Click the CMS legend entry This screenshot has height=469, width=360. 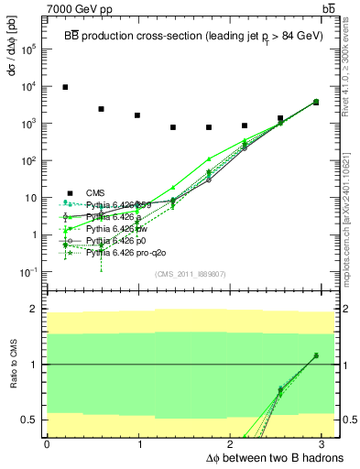[97, 191]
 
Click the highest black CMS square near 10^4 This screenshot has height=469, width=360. [65, 87]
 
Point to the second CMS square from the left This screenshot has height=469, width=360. [101, 109]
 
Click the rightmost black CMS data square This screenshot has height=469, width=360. [315, 103]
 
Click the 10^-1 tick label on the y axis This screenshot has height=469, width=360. [28, 272]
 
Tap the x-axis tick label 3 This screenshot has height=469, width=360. [323, 443]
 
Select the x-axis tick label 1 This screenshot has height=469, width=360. [139, 443]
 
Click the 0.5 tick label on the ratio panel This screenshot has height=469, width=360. [27, 420]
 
